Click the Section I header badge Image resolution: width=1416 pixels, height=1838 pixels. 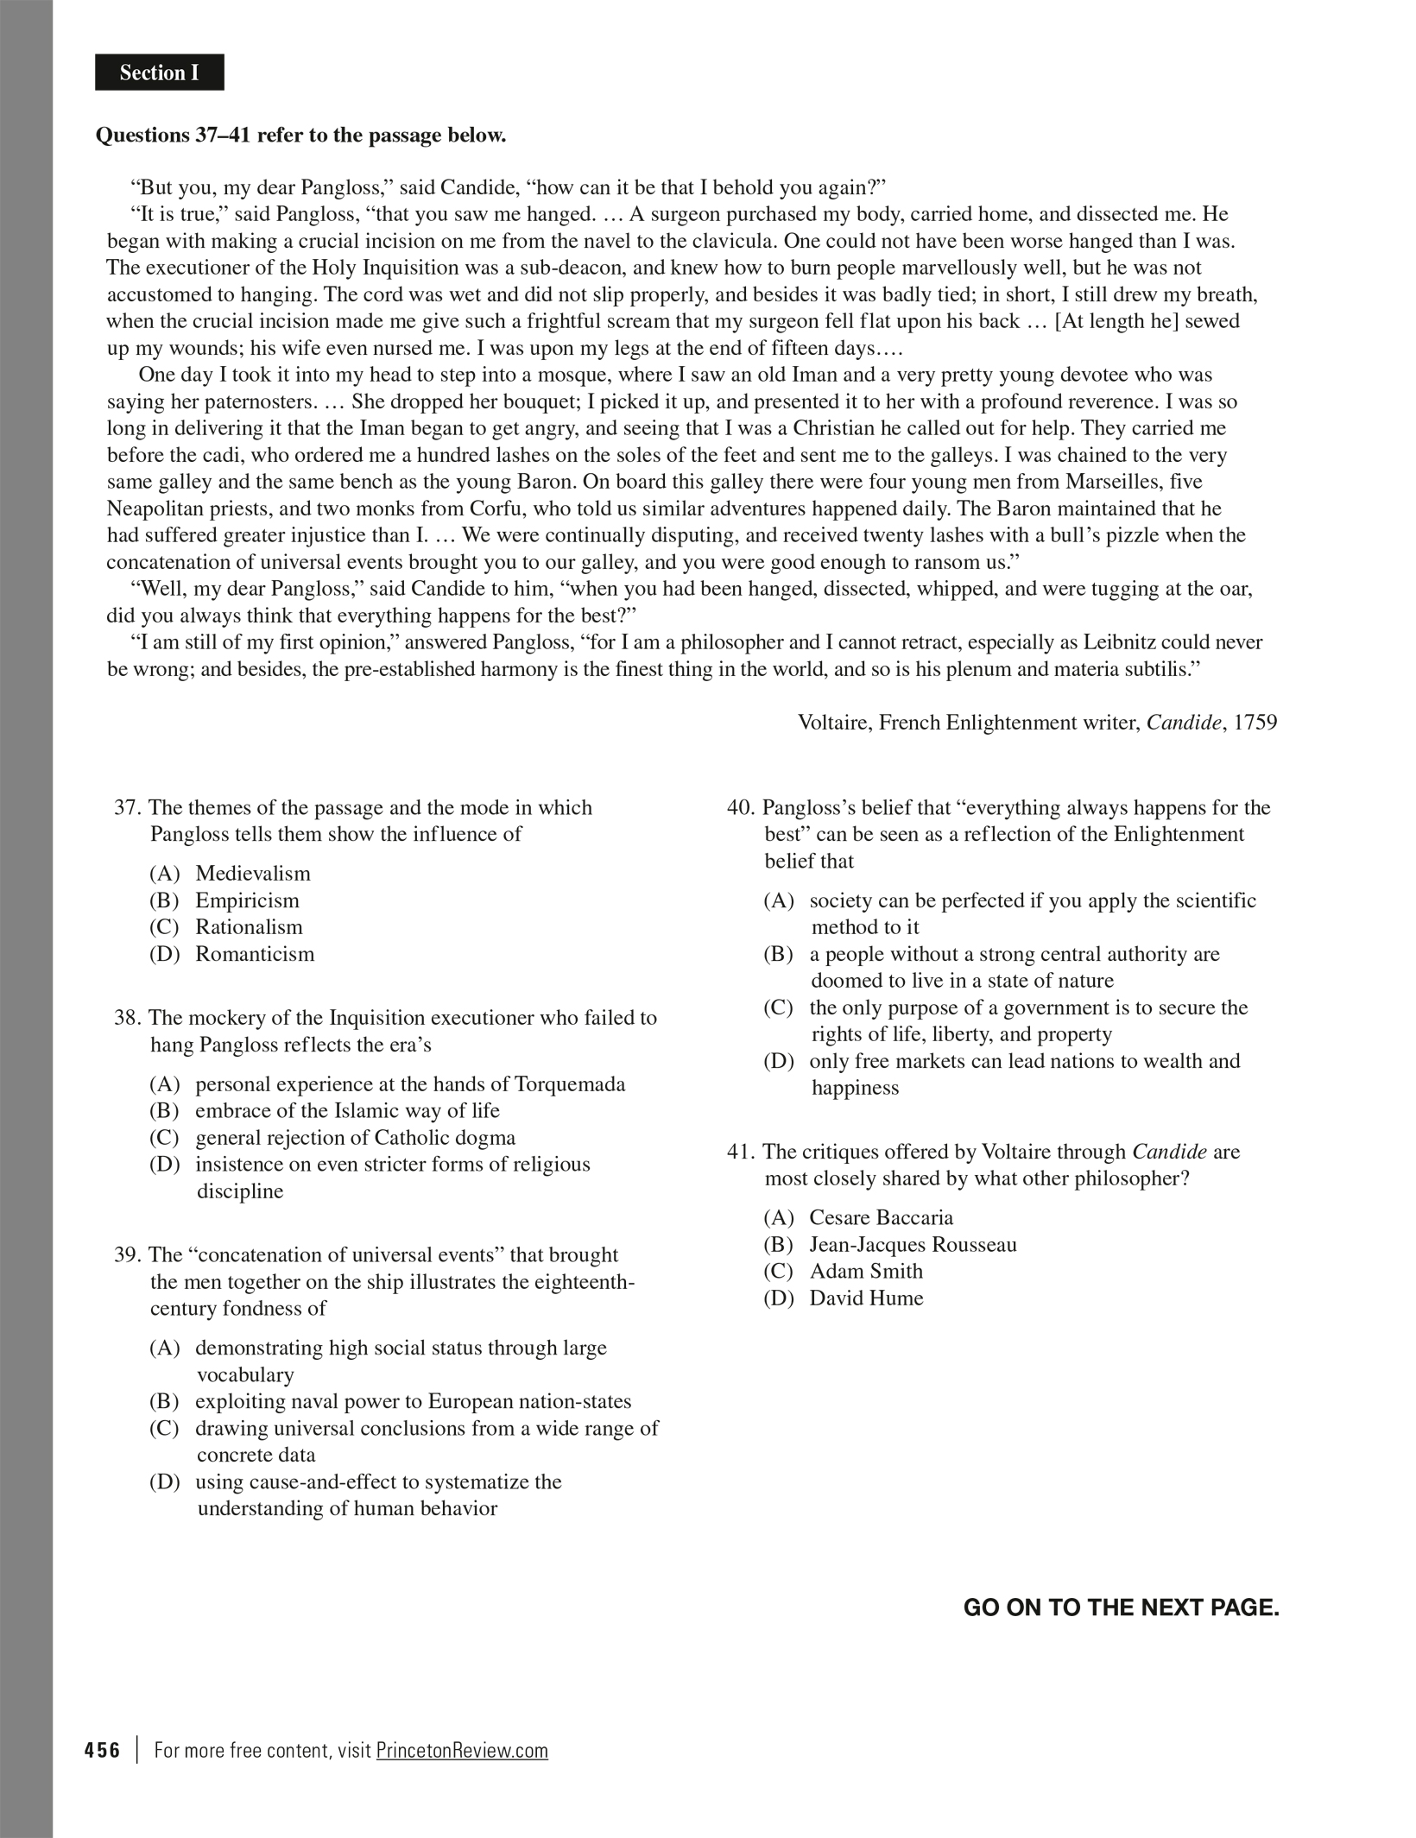click(x=160, y=73)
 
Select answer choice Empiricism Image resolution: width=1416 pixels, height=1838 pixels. click(x=247, y=900)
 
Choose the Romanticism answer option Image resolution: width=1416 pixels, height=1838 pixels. click(x=255, y=954)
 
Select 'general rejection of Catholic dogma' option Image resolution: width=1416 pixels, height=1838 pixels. click(x=355, y=1138)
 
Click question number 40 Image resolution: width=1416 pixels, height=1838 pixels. click(x=741, y=808)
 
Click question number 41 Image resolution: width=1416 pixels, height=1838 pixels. click(x=741, y=1152)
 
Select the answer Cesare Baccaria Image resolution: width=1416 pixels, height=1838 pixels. click(x=881, y=1218)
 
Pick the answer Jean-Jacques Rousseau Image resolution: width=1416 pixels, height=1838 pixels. click(x=913, y=1245)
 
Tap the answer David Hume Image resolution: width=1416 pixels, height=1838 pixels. click(x=866, y=1298)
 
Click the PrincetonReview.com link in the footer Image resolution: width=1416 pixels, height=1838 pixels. click(x=462, y=1750)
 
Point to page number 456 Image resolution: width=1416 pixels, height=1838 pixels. click(x=103, y=1750)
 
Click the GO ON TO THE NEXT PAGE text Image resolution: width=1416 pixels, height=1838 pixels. click(x=1121, y=1607)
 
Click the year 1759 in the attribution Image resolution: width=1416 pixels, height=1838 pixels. click(x=1255, y=723)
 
